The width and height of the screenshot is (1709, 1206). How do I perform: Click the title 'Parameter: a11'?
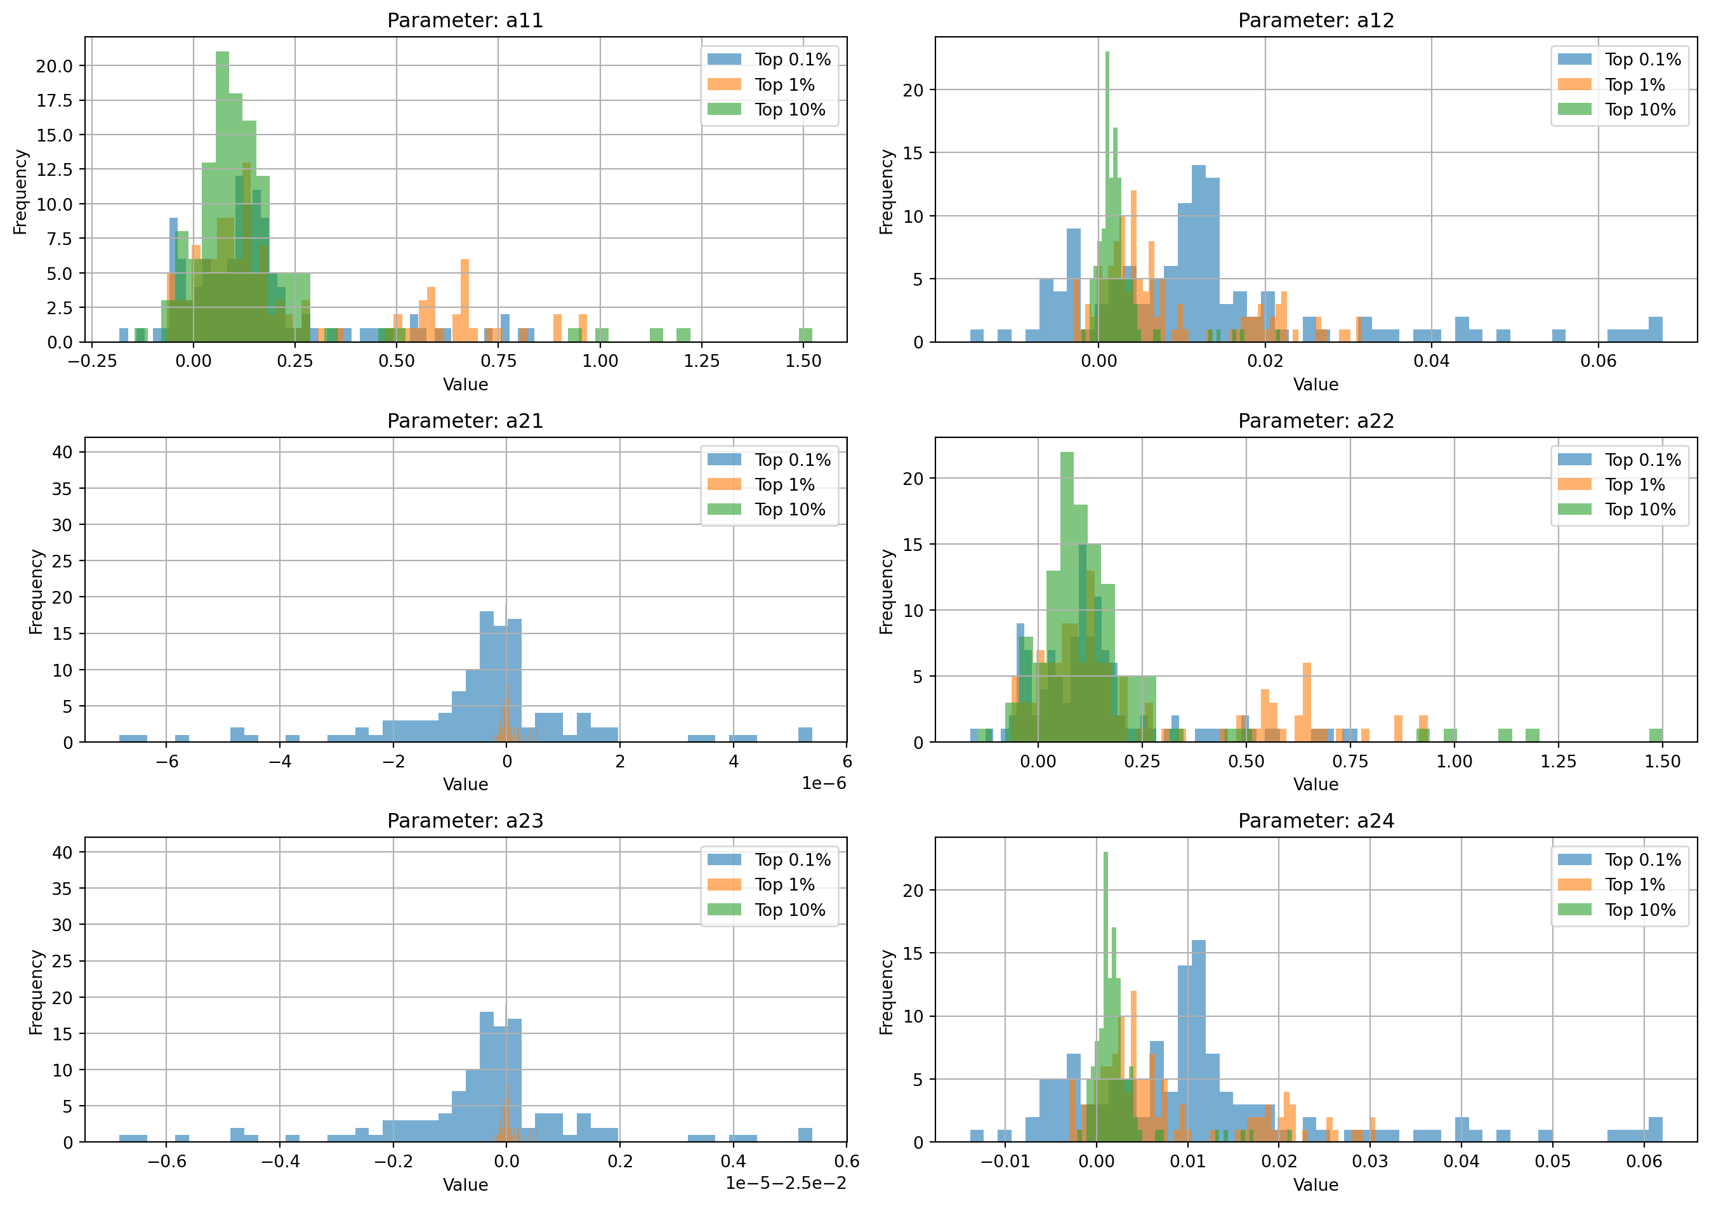point(465,20)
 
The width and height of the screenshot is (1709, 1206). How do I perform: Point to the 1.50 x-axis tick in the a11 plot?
point(803,361)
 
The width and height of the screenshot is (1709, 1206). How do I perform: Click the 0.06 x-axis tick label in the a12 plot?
point(1598,361)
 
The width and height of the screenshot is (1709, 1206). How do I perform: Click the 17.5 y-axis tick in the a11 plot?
point(55,100)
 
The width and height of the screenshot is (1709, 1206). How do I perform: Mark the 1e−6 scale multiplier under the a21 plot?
point(823,783)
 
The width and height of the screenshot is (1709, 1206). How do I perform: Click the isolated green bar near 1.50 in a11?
point(805,335)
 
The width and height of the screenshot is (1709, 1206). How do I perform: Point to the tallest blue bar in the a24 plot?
point(1198,1042)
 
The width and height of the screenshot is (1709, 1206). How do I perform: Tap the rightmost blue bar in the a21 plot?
point(805,735)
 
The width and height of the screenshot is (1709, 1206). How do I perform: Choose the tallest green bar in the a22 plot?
point(1067,595)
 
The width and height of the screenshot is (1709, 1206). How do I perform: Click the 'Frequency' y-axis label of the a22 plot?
point(886,592)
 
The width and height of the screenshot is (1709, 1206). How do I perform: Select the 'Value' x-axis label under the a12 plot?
point(1316,384)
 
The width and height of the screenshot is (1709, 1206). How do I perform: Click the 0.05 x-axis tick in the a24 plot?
point(1553,1162)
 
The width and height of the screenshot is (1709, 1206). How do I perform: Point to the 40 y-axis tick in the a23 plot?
point(63,852)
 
